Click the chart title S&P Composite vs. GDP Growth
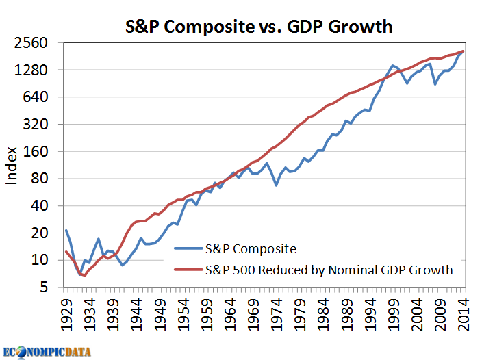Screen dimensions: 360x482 click(259, 27)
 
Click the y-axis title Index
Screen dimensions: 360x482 click(12, 165)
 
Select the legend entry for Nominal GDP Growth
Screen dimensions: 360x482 click(329, 270)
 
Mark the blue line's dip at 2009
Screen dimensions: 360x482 click(435, 83)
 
